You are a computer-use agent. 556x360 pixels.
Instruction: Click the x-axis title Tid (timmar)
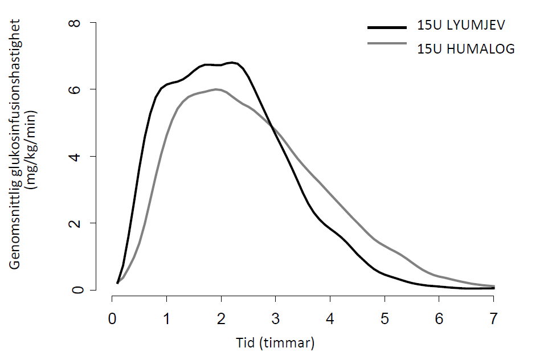click(x=275, y=343)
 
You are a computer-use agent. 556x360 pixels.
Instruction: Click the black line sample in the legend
click(x=387, y=26)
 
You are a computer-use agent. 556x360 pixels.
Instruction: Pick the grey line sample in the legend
click(x=387, y=43)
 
